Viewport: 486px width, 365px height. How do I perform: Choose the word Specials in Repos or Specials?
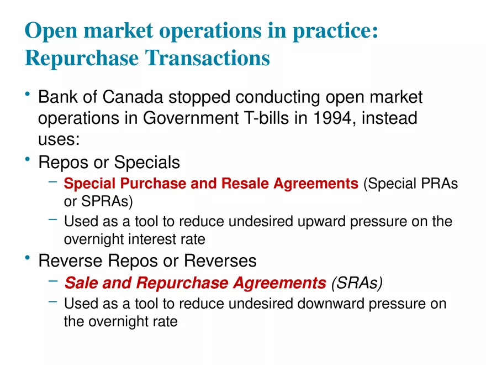[147, 163]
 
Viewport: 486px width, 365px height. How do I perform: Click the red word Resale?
[245, 184]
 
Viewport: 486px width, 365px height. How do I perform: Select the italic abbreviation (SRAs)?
[356, 283]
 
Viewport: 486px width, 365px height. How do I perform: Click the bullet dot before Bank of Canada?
[28, 96]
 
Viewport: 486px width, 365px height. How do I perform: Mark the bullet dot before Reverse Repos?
[28, 258]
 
